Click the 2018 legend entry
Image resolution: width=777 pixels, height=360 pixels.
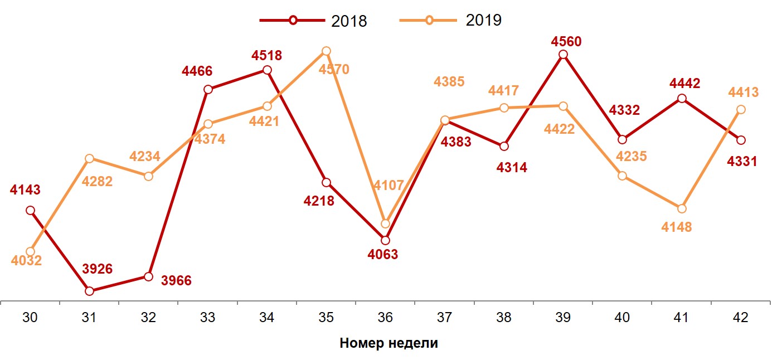313,21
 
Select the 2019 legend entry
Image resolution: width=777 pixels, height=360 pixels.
451,21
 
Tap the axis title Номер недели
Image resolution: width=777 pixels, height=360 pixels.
388,343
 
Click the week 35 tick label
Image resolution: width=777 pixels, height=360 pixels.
326,318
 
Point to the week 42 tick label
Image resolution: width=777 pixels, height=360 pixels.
740,318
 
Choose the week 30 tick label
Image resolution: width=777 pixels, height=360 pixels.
30,318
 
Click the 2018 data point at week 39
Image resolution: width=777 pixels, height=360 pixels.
563,55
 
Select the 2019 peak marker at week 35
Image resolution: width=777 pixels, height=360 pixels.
326,51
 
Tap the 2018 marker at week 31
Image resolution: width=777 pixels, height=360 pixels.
89,291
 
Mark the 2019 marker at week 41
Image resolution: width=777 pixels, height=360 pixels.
681,208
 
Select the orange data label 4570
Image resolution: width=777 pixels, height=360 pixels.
334,70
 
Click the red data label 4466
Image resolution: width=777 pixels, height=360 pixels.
197,71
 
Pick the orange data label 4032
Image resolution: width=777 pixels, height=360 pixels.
26,261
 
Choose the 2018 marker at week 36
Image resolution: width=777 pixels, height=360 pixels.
385,240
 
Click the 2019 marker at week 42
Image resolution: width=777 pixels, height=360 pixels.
740,110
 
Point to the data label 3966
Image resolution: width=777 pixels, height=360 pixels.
176,280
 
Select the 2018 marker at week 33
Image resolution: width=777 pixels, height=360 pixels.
208,90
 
